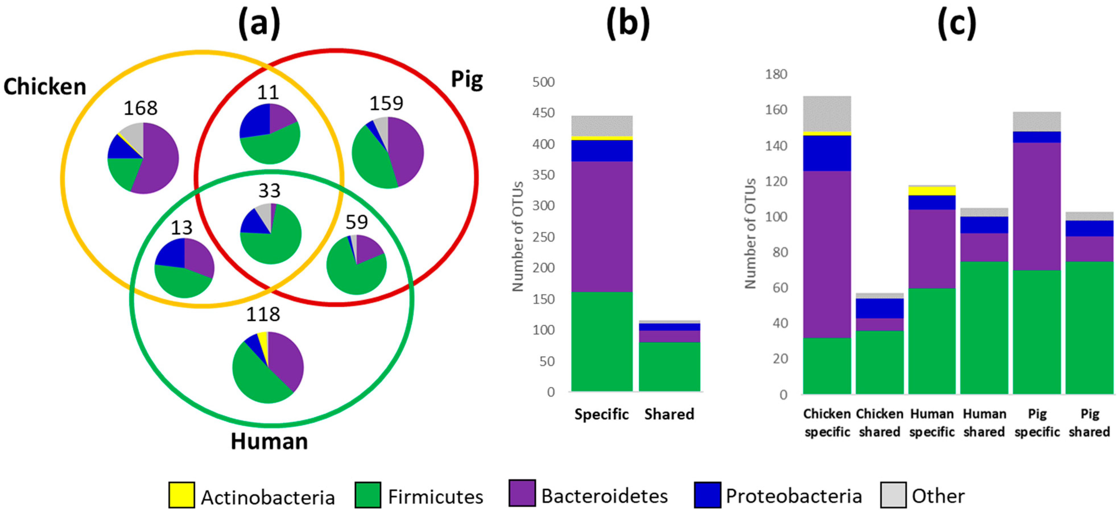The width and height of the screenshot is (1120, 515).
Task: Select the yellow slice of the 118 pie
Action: click(x=263, y=341)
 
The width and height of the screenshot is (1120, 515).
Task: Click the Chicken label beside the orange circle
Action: click(x=45, y=86)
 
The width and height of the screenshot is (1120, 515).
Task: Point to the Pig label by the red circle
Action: click(x=466, y=80)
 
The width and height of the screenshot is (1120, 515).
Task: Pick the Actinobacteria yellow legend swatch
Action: click(x=181, y=495)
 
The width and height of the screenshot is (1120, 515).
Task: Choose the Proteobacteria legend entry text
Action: click(x=793, y=496)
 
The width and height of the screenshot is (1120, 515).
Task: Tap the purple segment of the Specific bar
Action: click(x=602, y=226)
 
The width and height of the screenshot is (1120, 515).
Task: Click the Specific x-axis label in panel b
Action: click(x=601, y=414)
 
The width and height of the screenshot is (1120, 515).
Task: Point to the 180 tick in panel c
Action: click(x=776, y=74)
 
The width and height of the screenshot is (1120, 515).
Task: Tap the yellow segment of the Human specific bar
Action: click(x=932, y=191)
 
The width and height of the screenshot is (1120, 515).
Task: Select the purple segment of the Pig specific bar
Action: click(x=1036, y=207)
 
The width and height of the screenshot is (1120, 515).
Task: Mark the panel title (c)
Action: click(x=956, y=24)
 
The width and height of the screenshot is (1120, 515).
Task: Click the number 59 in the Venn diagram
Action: click(x=357, y=222)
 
